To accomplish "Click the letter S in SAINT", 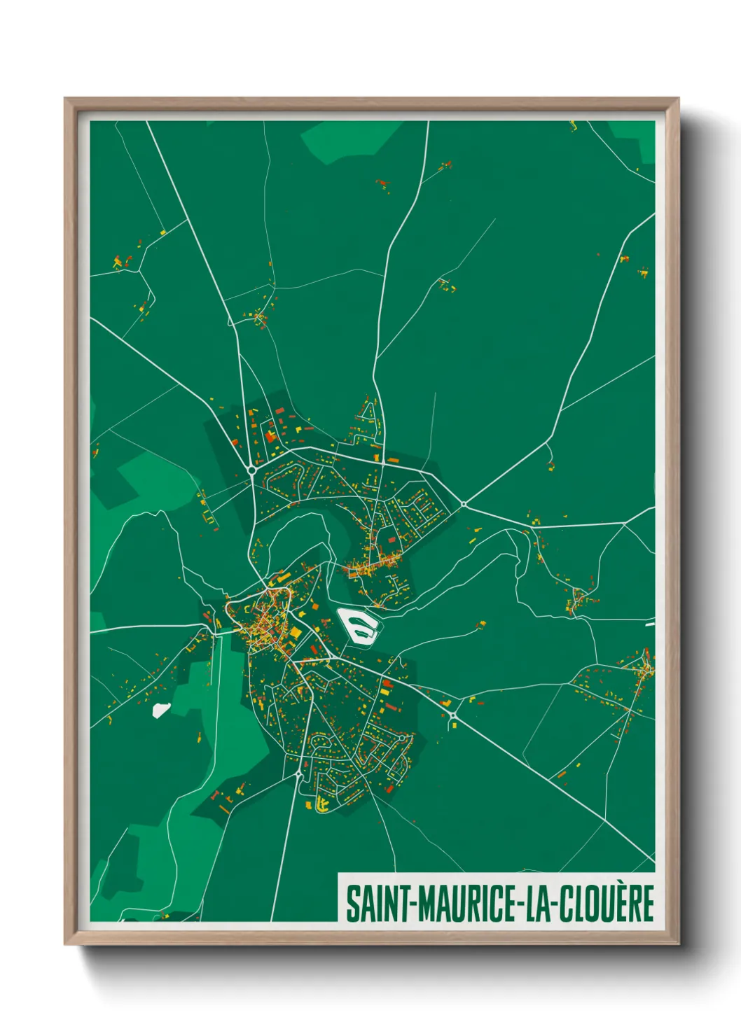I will click(x=353, y=904).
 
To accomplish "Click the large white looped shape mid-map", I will click(x=358, y=624).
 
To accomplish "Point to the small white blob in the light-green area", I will click(x=161, y=710).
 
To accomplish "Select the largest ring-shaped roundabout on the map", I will click(x=251, y=470).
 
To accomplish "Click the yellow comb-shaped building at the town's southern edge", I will click(x=322, y=805).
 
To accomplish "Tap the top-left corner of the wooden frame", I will click(x=66, y=99).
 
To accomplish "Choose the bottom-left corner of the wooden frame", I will click(x=66, y=944).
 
